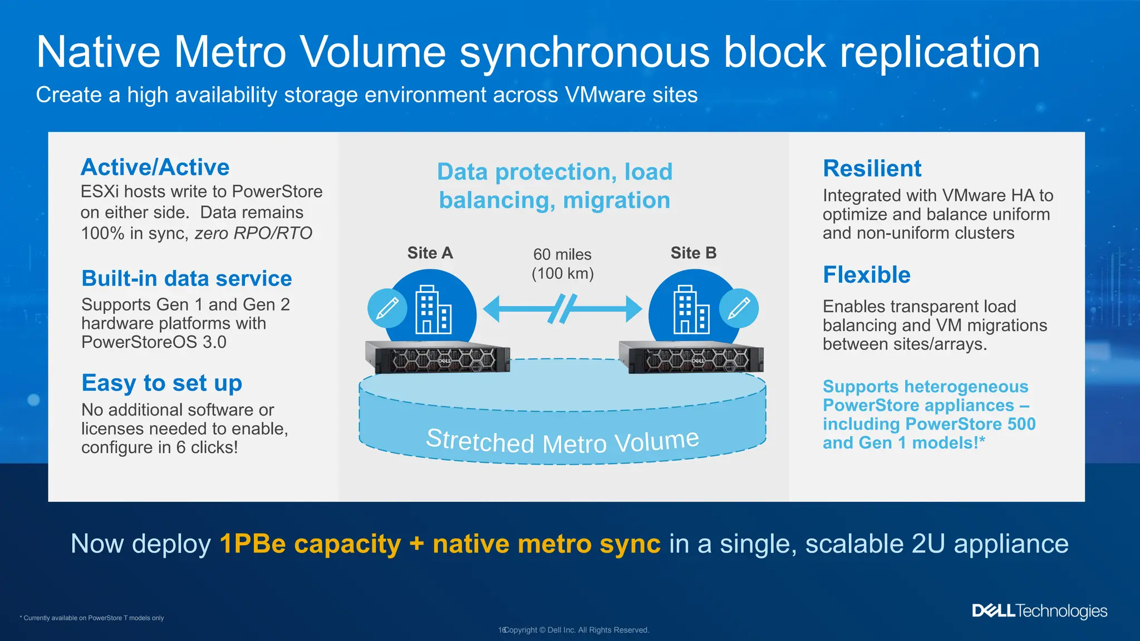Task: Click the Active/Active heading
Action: [x=155, y=167]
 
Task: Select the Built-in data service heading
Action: [x=186, y=278]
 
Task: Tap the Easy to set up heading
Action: [x=161, y=383]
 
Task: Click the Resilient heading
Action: [x=872, y=169]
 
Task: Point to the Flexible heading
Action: [x=866, y=275]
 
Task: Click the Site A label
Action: [x=430, y=253]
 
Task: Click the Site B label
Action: [x=693, y=253]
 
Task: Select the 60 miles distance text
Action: [x=562, y=255]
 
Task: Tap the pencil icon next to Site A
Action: [x=387, y=308]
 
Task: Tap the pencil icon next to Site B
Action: [x=739, y=308]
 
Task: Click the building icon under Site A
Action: [x=433, y=310]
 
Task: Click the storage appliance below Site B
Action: [x=691, y=357]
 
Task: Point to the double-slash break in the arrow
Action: [x=562, y=309]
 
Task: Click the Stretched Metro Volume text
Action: [x=562, y=442]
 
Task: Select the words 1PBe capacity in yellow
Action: [x=310, y=544]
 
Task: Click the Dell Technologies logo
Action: [x=1039, y=611]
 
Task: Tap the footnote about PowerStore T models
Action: [x=92, y=618]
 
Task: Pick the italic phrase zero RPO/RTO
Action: [x=253, y=233]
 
